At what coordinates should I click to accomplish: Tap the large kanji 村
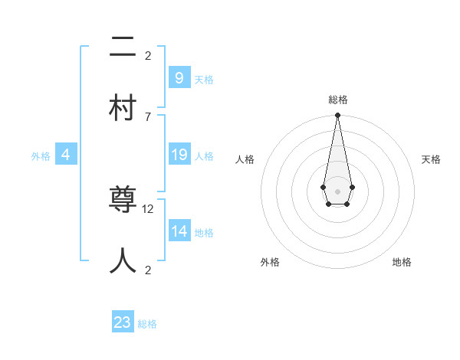tap(123, 108)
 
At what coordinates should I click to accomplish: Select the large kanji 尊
tap(123, 201)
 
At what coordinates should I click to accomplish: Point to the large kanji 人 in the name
tap(123, 260)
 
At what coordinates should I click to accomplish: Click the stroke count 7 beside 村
tap(148, 116)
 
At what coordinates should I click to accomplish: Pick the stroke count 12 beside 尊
tap(148, 208)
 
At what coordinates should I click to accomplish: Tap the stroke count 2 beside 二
tap(148, 55)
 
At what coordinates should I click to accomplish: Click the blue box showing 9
tap(179, 77)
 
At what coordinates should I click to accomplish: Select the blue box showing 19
tap(179, 155)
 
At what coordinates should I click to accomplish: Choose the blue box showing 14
tap(179, 231)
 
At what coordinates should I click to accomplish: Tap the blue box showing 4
tap(65, 155)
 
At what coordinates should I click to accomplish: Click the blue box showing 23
tap(123, 322)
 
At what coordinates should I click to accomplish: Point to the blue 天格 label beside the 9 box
tap(204, 79)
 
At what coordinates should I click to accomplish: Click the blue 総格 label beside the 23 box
tap(147, 324)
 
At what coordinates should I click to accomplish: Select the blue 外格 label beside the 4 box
tap(41, 156)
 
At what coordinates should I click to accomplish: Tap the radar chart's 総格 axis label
tap(337, 100)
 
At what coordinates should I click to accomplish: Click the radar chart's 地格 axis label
tap(402, 262)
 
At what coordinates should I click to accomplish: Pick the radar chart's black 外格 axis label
tap(270, 262)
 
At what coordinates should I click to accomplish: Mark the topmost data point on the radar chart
tap(337, 116)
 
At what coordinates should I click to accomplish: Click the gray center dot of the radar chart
tap(337, 191)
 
